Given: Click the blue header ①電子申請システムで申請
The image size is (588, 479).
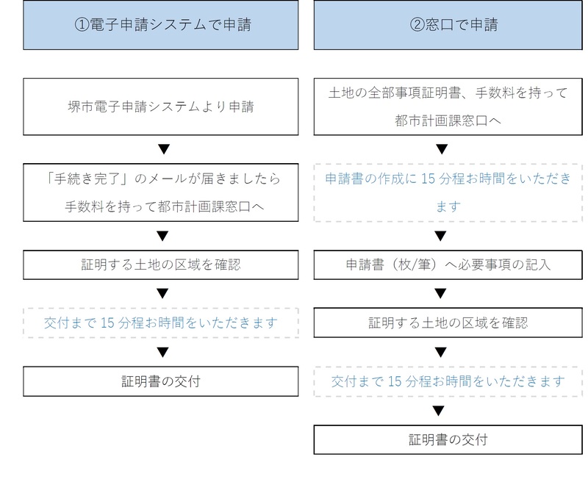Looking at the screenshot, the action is pyautogui.click(x=160, y=25).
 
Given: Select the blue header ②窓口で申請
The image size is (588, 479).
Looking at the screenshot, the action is pyautogui.click(x=448, y=25).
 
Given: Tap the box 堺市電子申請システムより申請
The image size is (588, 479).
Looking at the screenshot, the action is pyautogui.click(x=160, y=107).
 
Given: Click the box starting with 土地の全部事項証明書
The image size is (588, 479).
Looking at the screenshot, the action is pyautogui.click(x=448, y=107).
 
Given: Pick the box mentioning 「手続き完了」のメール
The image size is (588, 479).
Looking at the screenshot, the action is pyautogui.click(x=160, y=192).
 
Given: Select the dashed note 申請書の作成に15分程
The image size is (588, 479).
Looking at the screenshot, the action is pyautogui.click(x=448, y=192).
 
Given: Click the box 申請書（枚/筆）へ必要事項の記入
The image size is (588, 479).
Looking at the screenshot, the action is pyautogui.click(x=448, y=265).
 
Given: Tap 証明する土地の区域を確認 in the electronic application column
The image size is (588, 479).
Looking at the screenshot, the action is pyautogui.click(x=160, y=265).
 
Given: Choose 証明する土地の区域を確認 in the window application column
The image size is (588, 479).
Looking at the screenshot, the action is pyautogui.click(x=448, y=323).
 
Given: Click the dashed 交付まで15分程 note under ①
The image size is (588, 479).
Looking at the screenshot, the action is pyautogui.click(x=160, y=323).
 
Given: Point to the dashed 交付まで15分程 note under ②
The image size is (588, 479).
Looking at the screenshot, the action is pyautogui.click(x=448, y=381).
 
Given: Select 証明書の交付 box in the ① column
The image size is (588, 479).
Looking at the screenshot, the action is pyautogui.click(x=160, y=381).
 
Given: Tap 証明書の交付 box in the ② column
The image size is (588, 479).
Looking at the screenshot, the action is pyautogui.click(x=448, y=439).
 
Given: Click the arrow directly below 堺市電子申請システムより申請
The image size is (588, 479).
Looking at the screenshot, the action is pyautogui.click(x=164, y=149).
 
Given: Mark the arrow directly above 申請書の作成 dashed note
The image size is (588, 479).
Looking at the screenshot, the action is pyautogui.click(x=442, y=149).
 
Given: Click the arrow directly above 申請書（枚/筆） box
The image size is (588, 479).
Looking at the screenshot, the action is pyautogui.click(x=440, y=236).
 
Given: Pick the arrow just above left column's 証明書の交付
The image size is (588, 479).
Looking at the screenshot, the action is pyautogui.click(x=162, y=352).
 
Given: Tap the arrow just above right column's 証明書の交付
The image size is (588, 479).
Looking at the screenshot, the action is pyautogui.click(x=438, y=411).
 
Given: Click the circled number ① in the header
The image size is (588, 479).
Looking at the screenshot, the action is pyautogui.click(x=82, y=25).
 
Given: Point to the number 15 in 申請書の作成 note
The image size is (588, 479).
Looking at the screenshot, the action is pyautogui.click(x=428, y=179).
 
